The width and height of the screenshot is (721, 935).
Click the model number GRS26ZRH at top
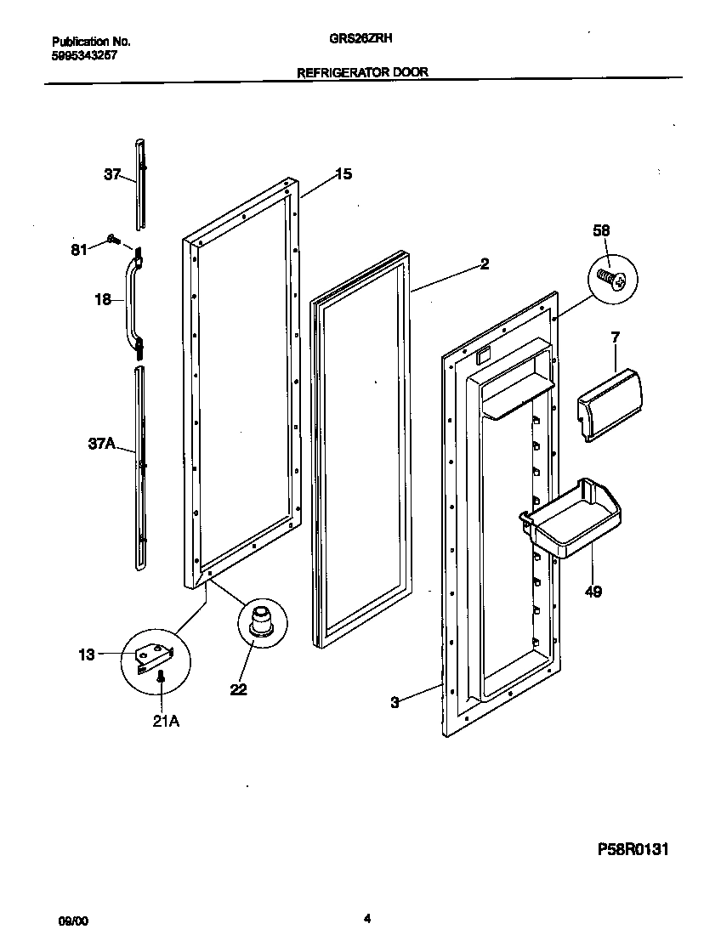361,38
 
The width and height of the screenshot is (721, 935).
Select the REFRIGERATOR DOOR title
361,73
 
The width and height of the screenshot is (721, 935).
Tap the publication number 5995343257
84,54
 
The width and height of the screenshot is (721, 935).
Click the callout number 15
343,174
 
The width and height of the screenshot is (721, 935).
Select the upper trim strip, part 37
141,183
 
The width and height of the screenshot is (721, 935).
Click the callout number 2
484,263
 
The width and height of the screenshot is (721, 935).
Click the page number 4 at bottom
366,918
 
